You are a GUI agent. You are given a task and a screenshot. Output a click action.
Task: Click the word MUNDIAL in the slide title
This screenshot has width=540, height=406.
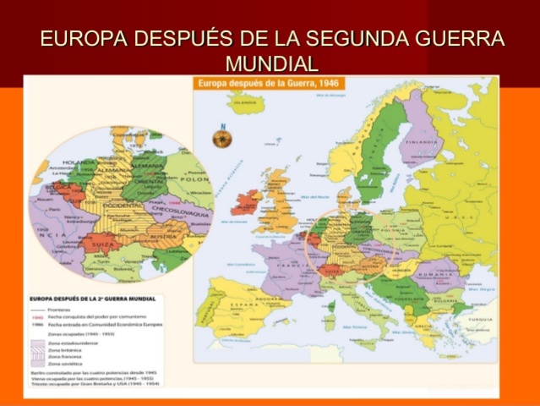pos(271,63)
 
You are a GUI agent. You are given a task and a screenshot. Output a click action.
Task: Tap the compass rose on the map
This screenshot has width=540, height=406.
pos(224,135)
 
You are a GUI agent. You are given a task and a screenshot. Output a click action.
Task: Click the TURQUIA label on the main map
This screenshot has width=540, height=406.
pos(478,319)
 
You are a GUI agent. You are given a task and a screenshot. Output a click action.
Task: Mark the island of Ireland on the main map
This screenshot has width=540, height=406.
pos(250,202)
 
